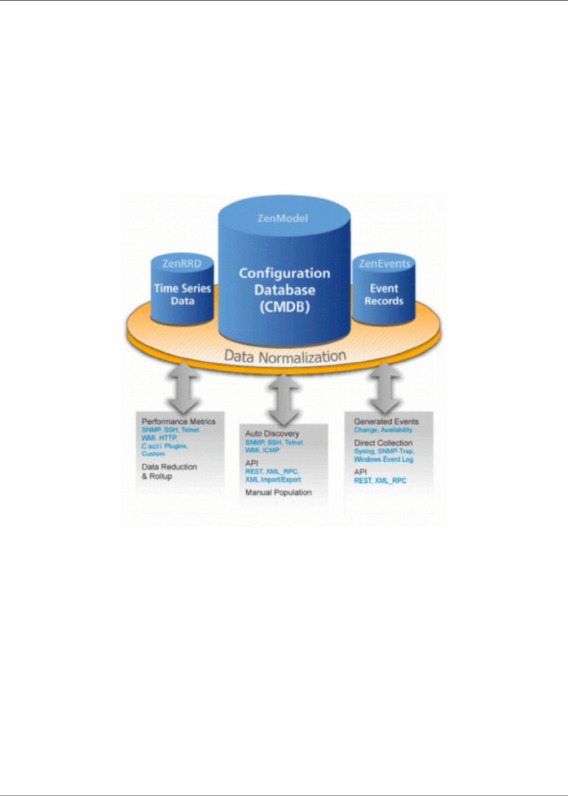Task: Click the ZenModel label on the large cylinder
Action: pyautogui.click(x=283, y=218)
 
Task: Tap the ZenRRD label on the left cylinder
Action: pyautogui.click(x=181, y=263)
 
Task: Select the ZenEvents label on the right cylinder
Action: pyautogui.click(x=384, y=263)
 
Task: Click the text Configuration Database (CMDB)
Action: pyautogui.click(x=285, y=290)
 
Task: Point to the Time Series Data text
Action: pyautogui.click(x=183, y=295)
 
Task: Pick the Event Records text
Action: pyautogui.click(x=384, y=295)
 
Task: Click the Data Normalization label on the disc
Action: pyautogui.click(x=285, y=355)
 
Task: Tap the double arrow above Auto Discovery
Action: pyautogui.click(x=284, y=400)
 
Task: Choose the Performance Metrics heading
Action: pyautogui.click(x=179, y=421)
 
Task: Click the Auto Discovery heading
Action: pyautogui.click(x=272, y=434)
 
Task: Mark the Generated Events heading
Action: pyautogui.click(x=386, y=421)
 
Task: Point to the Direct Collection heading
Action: pyautogui.click(x=383, y=443)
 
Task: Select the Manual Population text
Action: pyautogui.click(x=278, y=492)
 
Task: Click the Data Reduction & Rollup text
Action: pyautogui.click(x=169, y=472)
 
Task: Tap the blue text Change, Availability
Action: pyautogui.click(x=383, y=430)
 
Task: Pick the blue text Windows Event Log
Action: pyautogui.click(x=383, y=460)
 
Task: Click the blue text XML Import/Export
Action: pyautogui.click(x=273, y=480)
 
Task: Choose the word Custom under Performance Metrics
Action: pyautogui.click(x=153, y=454)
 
